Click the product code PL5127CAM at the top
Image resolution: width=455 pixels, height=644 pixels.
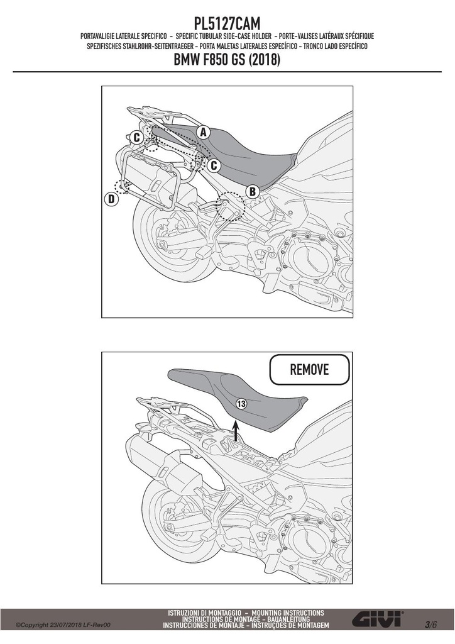click(227, 23)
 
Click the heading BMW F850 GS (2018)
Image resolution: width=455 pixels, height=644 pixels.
click(227, 60)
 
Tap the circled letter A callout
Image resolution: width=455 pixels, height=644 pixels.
click(203, 132)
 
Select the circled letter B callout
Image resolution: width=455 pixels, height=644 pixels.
click(253, 191)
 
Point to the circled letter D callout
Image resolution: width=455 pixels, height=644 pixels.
click(111, 199)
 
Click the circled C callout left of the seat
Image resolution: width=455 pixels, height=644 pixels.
click(136, 138)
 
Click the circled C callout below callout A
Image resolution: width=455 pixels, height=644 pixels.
click(214, 165)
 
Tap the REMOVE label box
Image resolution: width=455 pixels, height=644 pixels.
click(309, 369)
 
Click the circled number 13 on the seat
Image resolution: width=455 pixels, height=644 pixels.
click(241, 404)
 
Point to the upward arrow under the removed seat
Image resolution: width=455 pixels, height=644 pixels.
click(236, 431)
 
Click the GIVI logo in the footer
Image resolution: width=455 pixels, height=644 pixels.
click(378, 618)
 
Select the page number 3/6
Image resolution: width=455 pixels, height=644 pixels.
click(431, 625)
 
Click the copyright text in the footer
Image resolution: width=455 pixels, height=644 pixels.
click(63, 625)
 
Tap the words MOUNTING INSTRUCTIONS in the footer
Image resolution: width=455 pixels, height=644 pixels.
click(288, 613)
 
